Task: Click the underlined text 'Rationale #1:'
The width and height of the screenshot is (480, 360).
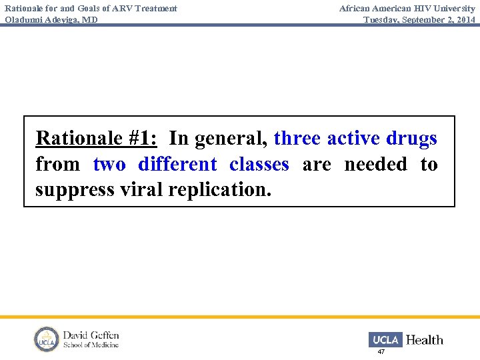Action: click(x=96, y=138)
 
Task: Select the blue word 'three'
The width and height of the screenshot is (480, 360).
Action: click(x=297, y=138)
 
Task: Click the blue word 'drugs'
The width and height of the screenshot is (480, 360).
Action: click(x=411, y=138)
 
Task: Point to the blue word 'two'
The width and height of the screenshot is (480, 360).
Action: click(x=109, y=164)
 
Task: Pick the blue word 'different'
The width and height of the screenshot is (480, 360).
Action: click(x=177, y=164)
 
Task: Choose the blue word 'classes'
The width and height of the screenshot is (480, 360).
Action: click(x=259, y=164)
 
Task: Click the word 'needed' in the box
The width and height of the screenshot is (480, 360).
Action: click(x=375, y=164)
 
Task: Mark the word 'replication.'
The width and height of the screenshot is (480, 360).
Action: click(x=220, y=190)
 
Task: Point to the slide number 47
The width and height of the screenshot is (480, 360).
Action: click(x=381, y=351)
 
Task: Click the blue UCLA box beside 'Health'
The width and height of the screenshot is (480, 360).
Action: click(x=385, y=339)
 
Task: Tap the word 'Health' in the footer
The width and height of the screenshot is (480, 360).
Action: click(x=424, y=340)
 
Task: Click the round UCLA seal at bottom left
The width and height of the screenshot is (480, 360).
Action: click(x=47, y=339)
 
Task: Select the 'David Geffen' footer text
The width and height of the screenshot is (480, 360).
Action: click(x=91, y=335)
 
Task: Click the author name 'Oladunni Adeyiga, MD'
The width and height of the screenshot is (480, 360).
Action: click(x=51, y=19)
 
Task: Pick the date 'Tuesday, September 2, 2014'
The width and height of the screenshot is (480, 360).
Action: click(x=419, y=19)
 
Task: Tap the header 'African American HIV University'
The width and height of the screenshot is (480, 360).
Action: click(x=407, y=8)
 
